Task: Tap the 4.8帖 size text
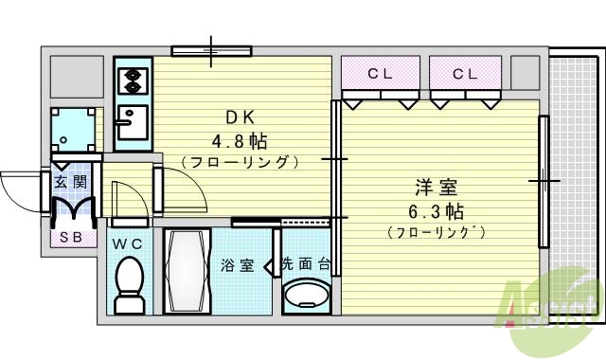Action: click(240, 141)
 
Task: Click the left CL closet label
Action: click(381, 73)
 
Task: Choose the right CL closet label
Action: click(464, 73)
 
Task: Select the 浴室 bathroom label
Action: click(238, 265)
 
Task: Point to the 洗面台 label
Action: click(305, 265)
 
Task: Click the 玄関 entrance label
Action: click(70, 181)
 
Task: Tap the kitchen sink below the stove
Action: click(132, 120)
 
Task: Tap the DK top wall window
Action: click(210, 48)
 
